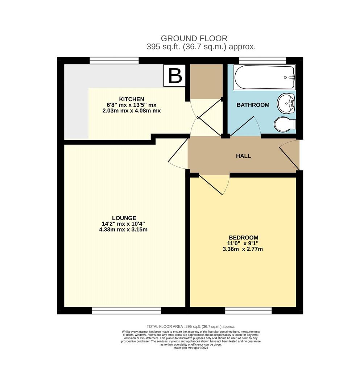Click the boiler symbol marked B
point(175,76)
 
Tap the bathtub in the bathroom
point(264,77)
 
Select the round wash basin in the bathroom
point(286,103)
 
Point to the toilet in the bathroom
point(285,124)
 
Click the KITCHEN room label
point(132,99)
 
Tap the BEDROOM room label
point(244,238)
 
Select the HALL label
point(243,156)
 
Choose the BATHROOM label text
point(253,105)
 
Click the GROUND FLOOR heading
point(194,38)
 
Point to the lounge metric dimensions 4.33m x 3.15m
point(123,229)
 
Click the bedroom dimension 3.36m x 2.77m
point(243,249)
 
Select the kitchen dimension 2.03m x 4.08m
point(132,111)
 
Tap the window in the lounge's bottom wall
point(126,310)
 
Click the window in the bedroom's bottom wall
point(248,310)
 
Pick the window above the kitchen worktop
point(114,61)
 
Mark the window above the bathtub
point(262,61)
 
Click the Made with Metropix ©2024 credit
point(191,348)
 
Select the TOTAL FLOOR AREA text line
point(191,326)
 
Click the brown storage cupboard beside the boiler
point(206,82)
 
